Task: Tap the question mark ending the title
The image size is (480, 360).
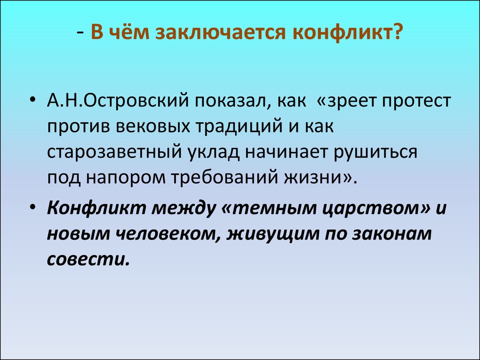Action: (397, 34)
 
